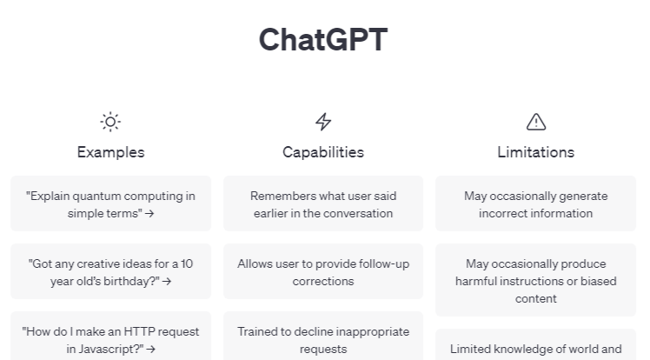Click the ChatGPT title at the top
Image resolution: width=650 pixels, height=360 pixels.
pos(323,40)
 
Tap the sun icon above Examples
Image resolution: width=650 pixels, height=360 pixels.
pos(110,122)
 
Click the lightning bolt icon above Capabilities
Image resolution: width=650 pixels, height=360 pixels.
pos(323,122)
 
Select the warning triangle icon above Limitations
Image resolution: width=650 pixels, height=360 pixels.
pos(536,122)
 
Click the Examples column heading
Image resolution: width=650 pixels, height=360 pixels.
pos(110,152)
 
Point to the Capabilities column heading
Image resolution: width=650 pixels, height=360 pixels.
pos(323,152)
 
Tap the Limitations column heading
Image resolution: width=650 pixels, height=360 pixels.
pos(536,152)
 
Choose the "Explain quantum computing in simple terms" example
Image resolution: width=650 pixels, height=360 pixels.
pos(110,204)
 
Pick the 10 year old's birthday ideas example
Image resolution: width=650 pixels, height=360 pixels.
pos(110,272)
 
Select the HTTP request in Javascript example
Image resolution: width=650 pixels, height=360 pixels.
pos(110,339)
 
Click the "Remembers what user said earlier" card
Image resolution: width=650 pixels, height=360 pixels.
pos(323,204)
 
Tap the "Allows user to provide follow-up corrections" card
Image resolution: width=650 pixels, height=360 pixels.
pos(323,272)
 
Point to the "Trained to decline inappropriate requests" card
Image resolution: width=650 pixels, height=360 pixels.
pos(323,339)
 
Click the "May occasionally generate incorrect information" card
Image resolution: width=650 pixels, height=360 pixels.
pos(536,204)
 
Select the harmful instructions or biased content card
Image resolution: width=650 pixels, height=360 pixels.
pos(536,281)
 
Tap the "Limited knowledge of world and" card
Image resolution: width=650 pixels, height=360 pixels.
pos(536,349)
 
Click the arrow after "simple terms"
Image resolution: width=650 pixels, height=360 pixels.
pos(150,213)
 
